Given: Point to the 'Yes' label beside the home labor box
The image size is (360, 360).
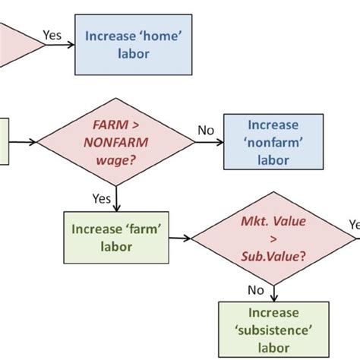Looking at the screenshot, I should (53, 35).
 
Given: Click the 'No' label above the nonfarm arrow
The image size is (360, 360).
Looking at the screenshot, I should (206, 130).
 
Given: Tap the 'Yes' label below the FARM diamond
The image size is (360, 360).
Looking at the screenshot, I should (101, 198).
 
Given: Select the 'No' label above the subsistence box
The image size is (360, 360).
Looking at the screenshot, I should (256, 289).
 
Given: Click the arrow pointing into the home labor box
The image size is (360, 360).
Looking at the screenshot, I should (60, 44).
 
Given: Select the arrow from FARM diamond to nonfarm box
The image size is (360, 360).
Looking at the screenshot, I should (207, 141).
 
